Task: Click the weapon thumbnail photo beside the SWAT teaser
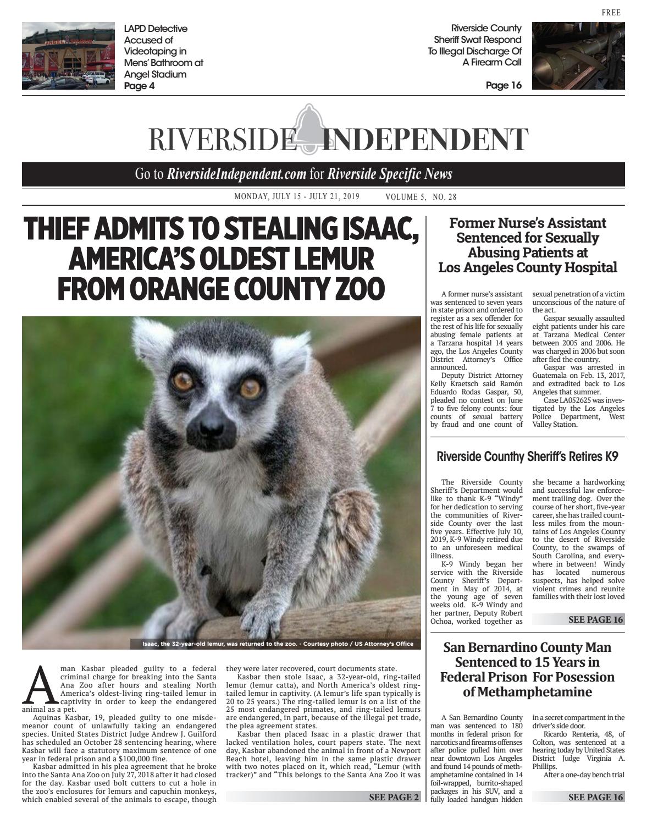tap(578, 56)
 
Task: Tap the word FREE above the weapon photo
tap(611, 13)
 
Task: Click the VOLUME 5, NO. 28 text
tap(421, 197)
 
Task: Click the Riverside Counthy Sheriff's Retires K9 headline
tap(527, 456)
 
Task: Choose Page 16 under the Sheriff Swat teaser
tap(504, 85)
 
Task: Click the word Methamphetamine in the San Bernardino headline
tap(527, 691)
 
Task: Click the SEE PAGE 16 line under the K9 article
tap(596, 619)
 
